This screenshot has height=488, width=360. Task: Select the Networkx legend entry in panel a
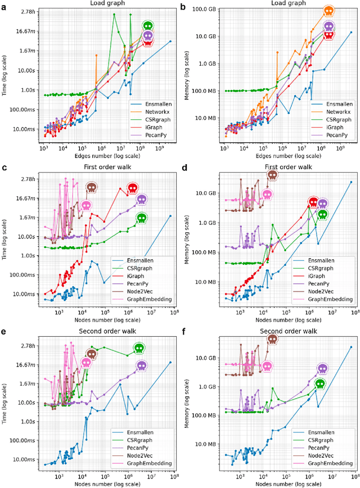[x=148, y=112]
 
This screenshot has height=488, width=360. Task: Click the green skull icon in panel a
[x=148, y=26]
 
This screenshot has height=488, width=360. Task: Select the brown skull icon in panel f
[x=272, y=339]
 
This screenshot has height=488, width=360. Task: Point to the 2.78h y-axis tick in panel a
[x=28, y=12]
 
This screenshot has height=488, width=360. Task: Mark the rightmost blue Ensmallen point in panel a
[x=171, y=41]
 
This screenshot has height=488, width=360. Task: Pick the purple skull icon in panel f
[x=322, y=369]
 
